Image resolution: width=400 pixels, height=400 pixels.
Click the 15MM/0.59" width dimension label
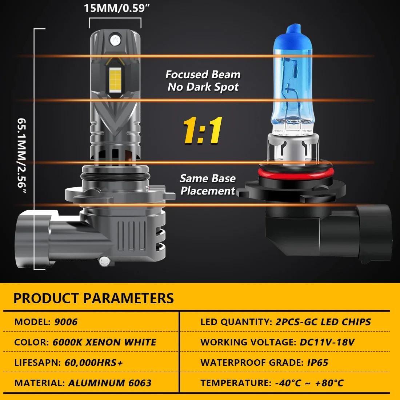click(x=117, y=8)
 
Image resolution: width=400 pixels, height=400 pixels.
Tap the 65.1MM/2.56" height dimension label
click(x=22, y=156)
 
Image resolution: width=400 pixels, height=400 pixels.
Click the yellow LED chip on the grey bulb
click(x=115, y=80)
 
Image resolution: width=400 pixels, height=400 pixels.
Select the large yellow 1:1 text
click(x=203, y=130)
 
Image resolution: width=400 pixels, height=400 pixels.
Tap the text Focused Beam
click(x=203, y=75)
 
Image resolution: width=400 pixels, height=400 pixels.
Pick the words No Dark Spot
click(x=203, y=87)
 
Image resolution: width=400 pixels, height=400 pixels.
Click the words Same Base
click(x=208, y=178)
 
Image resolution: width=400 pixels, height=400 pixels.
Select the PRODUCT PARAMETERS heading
click(x=93, y=298)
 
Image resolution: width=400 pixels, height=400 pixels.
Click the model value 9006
click(x=66, y=322)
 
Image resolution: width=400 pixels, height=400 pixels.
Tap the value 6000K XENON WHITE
click(x=104, y=342)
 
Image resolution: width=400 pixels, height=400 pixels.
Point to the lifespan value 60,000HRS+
click(x=93, y=363)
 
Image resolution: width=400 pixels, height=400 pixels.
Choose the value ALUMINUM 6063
click(x=110, y=383)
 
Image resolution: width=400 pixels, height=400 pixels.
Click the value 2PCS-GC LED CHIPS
click(x=323, y=322)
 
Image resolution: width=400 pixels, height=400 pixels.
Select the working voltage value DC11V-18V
click(x=327, y=342)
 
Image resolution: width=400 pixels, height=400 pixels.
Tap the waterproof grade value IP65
click(x=317, y=363)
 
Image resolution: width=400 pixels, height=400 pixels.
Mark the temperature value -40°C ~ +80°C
click(x=309, y=383)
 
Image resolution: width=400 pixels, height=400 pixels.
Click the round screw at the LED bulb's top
click(x=115, y=40)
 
